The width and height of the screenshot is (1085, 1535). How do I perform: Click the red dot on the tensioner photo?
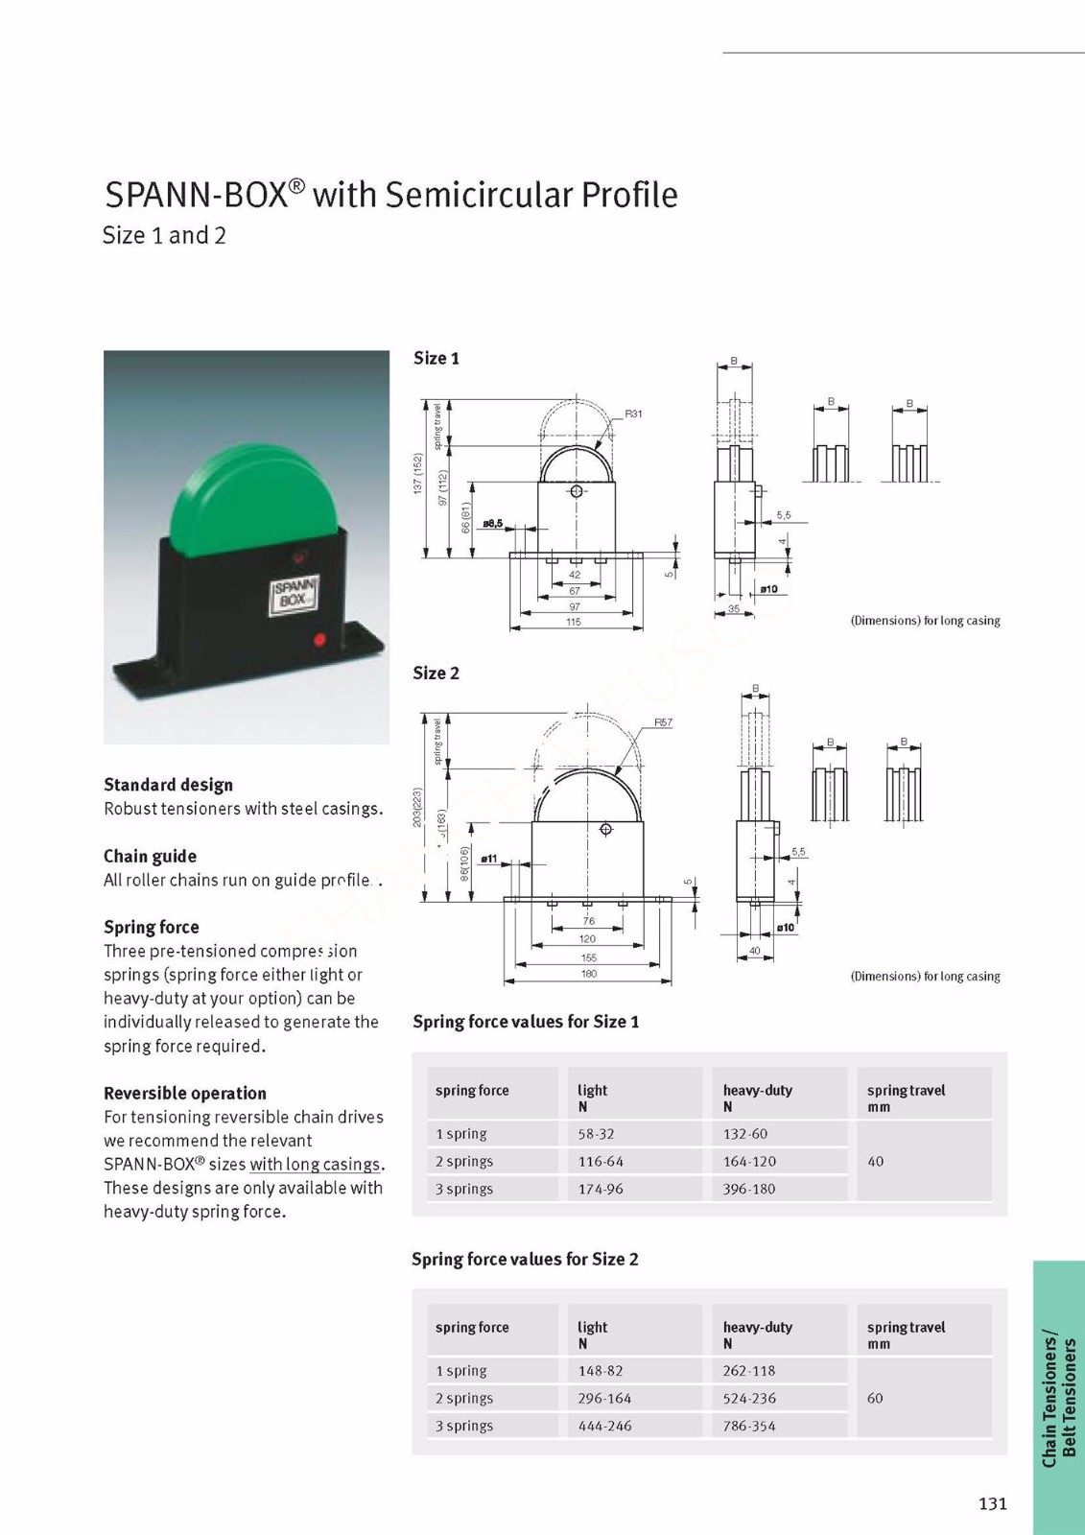click(x=319, y=639)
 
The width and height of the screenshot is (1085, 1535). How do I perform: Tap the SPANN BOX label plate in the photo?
click(x=294, y=594)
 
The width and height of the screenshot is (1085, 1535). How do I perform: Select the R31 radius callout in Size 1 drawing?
click(x=633, y=414)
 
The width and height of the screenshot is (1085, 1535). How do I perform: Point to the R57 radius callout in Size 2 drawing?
click(x=663, y=722)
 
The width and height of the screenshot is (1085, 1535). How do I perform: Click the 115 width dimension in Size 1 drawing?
click(x=574, y=622)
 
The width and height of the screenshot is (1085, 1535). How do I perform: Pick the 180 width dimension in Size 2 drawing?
click(x=588, y=974)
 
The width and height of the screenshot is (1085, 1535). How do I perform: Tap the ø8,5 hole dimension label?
click(x=492, y=524)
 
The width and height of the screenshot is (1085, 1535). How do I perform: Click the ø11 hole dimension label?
click(x=489, y=859)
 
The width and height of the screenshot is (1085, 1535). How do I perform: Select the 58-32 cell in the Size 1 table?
click(x=596, y=1134)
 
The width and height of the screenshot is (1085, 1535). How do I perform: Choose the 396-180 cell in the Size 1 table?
click(x=749, y=1189)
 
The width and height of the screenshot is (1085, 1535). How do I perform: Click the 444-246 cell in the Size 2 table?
click(x=604, y=1426)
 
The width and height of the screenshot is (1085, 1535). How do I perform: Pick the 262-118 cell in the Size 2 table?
click(x=749, y=1371)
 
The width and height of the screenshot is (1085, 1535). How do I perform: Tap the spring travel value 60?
click(x=875, y=1398)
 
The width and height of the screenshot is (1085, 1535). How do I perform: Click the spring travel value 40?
click(x=875, y=1161)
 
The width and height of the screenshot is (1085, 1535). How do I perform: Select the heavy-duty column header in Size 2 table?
click(x=758, y=1328)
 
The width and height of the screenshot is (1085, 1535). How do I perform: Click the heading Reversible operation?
click(x=185, y=1093)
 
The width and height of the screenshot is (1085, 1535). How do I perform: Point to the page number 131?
click(x=993, y=1503)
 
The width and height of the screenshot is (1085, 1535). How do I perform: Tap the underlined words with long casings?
click(x=315, y=1165)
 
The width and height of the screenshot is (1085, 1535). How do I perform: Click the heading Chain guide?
click(x=150, y=856)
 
